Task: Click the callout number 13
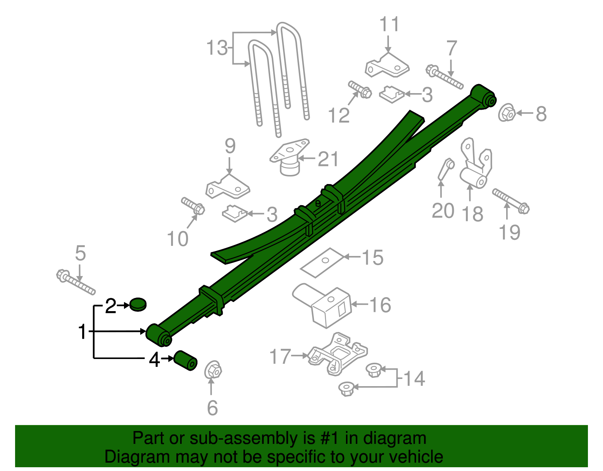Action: point(217,48)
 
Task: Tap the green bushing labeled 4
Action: point(185,361)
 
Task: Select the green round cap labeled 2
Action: point(138,304)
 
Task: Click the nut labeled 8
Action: point(507,112)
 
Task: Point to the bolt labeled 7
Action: point(445,77)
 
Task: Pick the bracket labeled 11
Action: point(387,66)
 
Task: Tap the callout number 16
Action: point(380,305)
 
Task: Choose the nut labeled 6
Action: point(213,370)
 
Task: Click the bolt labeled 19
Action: point(511,201)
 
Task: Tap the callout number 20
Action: point(443,210)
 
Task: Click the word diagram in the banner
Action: point(395,439)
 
